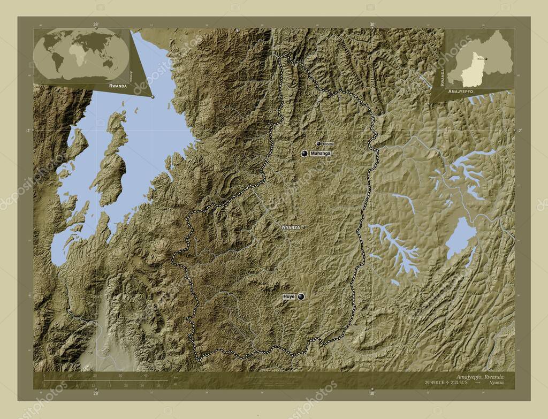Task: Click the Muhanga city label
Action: [321, 154]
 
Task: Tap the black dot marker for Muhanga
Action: [305, 154]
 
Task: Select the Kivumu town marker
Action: [319, 143]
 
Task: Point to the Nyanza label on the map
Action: [291, 227]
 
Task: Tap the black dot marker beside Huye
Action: [301, 296]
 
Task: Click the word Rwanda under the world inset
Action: [117, 86]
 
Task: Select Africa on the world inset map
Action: [80, 56]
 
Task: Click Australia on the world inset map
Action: [109, 63]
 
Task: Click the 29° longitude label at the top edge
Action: [96, 24]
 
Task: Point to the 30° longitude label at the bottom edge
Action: [372, 393]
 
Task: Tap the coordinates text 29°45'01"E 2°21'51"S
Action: [447, 384]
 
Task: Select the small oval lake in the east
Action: [461, 238]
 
